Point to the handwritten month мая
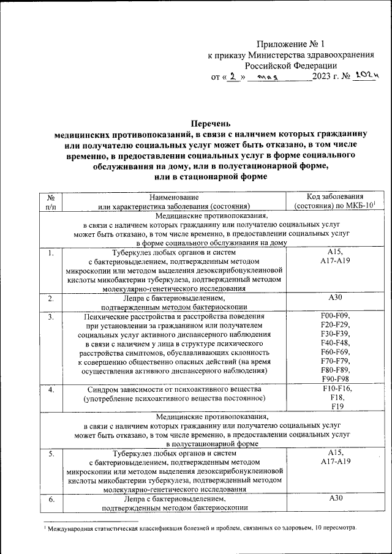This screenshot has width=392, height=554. coord(268,77)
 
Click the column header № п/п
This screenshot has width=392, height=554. coord(51,202)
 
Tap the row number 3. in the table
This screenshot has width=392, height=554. coord(51,316)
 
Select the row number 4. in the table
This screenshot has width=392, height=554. coord(51,390)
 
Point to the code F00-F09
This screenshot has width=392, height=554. coord(334,316)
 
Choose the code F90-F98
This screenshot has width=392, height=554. coord(334,380)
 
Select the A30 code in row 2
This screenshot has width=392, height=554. coord(334,298)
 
